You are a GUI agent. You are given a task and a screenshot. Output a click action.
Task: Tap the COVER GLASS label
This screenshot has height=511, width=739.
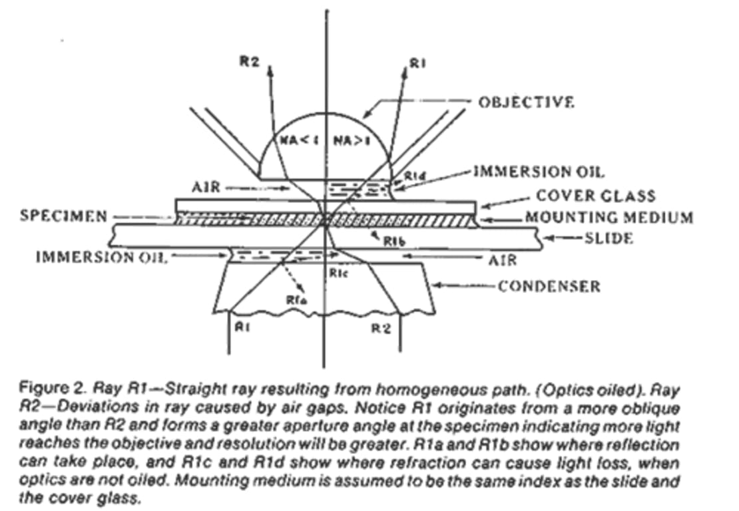point(586,196)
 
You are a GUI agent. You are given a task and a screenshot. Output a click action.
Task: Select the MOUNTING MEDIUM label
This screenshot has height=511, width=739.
point(609,217)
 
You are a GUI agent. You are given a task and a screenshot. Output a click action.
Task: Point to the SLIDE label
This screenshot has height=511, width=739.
point(608,238)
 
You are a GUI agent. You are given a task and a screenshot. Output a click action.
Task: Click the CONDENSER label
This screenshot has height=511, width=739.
point(550,286)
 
